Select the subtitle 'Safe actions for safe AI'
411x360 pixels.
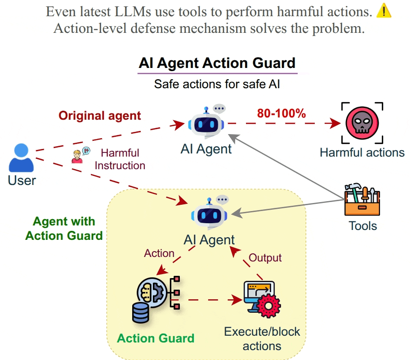pyautogui.click(x=217, y=84)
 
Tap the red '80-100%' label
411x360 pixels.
pyautogui.click(x=281, y=113)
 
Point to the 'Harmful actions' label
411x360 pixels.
pyautogui.click(x=362, y=152)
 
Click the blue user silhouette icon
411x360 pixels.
pyautogui.click(x=22, y=157)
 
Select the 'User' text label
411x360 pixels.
pyautogui.click(x=22, y=180)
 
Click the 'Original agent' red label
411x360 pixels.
pyautogui.click(x=100, y=116)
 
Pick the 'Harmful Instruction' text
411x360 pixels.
pyautogui.click(x=120, y=159)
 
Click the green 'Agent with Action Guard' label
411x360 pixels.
pyautogui.click(x=64, y=228)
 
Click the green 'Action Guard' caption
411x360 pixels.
pyautogui.click(x=156, y=338)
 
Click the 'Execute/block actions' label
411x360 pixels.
pyautogui.click(x=262, y=339)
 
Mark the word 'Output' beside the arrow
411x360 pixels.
pyautogui.click(x=265, y=257)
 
